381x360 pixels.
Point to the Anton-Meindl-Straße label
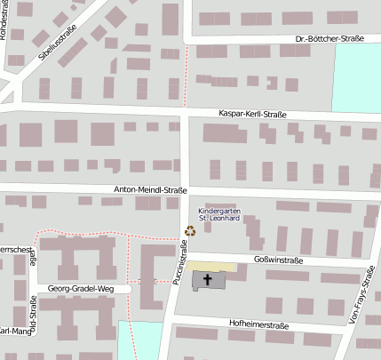pos(150,190)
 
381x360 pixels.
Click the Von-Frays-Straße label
pos(365,297)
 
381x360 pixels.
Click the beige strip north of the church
pos(211,266)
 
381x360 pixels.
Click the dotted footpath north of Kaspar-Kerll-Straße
pos(187,76)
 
